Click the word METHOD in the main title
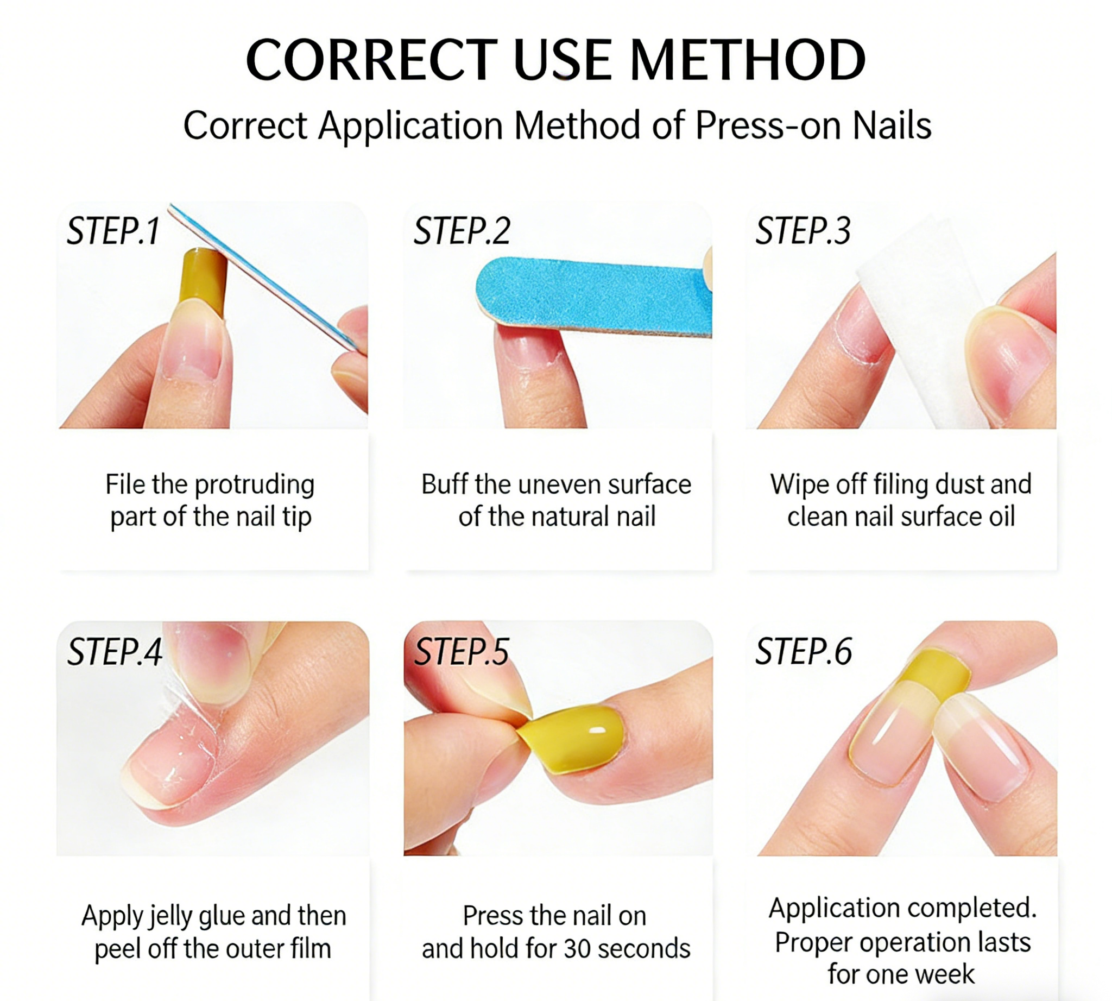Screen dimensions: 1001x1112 (x=747, y=60)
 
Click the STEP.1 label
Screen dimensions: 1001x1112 (x=113, y=231)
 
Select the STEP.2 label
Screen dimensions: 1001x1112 (x=462, y=231)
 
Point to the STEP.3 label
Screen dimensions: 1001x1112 (x=803, y=231)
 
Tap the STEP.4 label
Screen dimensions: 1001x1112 (x=115, y=652)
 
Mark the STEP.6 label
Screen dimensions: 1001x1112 (x=803, y=652)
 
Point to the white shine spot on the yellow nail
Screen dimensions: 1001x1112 (x=597, y=731)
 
